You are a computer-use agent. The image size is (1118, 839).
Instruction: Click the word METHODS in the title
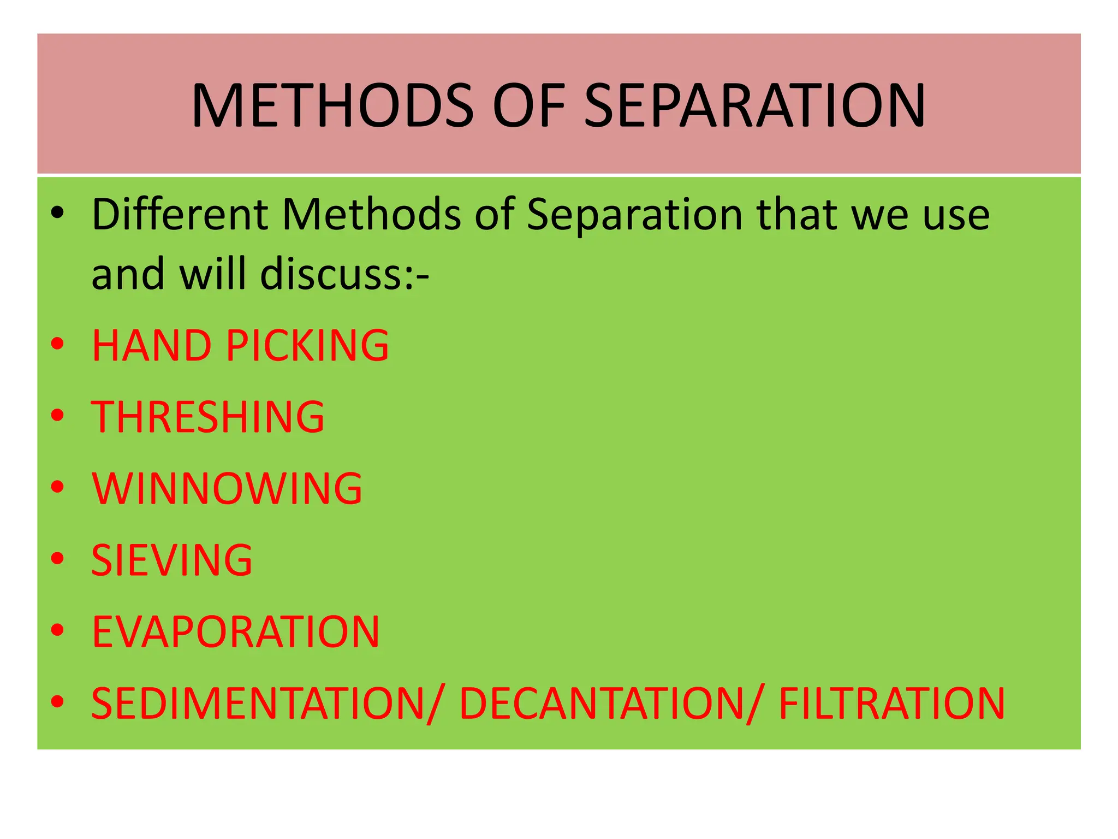click(x=332, y=105)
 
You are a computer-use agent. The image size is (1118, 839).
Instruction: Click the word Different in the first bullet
click(x=180, y=214)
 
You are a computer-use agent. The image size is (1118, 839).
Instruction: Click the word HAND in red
click(x=151, y=346)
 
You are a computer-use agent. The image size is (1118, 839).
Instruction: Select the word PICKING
click(x=307, y=346)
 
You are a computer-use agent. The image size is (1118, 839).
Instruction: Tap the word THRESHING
click(x=207, y=417)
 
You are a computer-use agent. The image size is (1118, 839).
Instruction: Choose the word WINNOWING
click(x=227, y=488)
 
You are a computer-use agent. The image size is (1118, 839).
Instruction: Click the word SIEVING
click(x=171, y=560)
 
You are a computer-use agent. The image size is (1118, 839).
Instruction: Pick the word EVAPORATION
click(x=235, y=632)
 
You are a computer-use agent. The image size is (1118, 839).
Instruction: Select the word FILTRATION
click(x=891, y=704)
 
